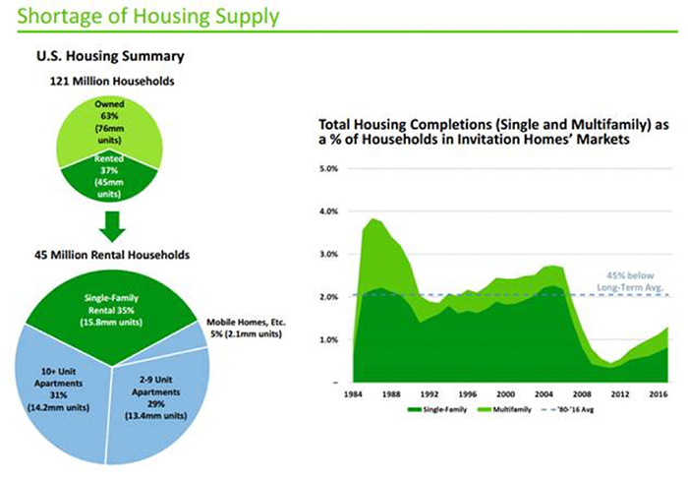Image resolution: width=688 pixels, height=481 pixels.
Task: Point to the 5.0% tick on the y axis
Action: (329, 169)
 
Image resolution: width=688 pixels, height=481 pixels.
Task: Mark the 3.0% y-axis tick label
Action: (329, 254)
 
